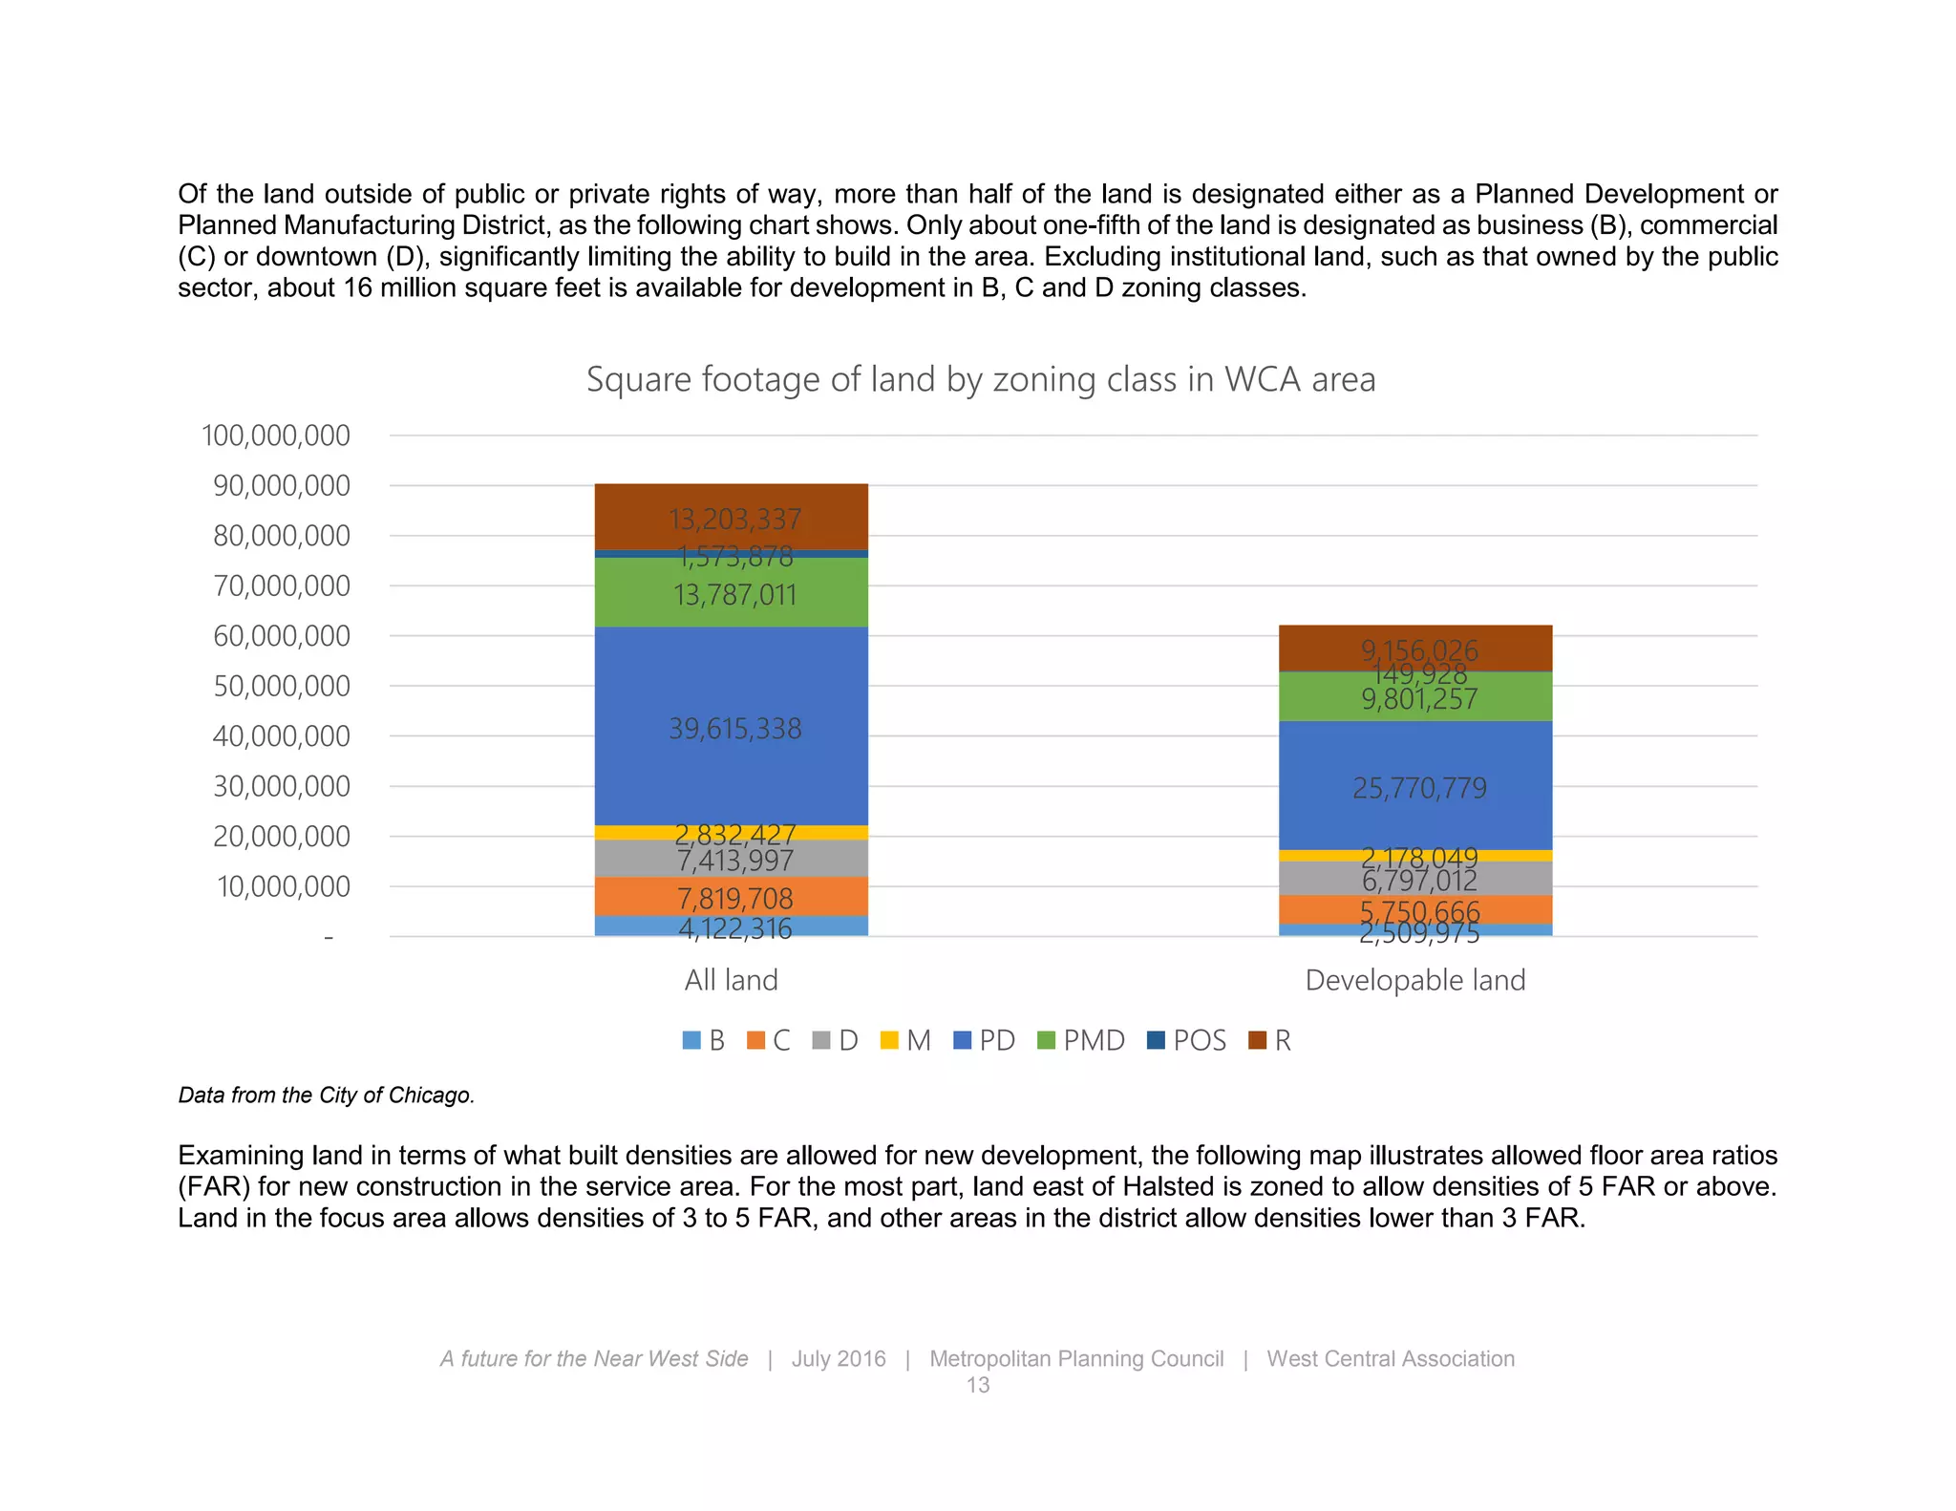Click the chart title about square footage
(x=981, y=379)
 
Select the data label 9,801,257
(x=1419, y=700)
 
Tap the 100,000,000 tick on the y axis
(x=276, y=436)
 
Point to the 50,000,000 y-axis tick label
(x=282, y=686)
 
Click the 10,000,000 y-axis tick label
(x=284, y=886)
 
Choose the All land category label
(x=732, y=980)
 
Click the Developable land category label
(x=1415, y=980)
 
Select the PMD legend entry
(x=1082, y=1040)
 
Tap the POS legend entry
(x=1187, y=1040)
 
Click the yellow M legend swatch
(x=889, y=1040)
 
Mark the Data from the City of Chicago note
(x=327, y=1096)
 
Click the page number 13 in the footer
(x=978, y=1385)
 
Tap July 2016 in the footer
(x=839, y=1358)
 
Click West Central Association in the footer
(x=1391, y=1358)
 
